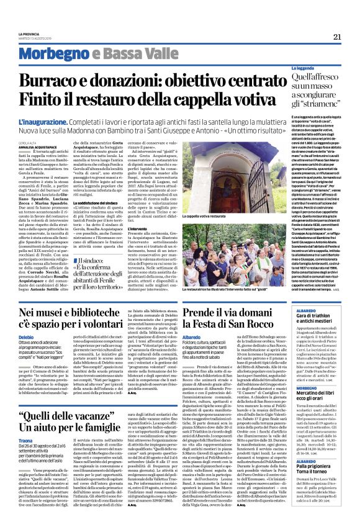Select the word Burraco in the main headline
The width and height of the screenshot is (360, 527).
point(65,81)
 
